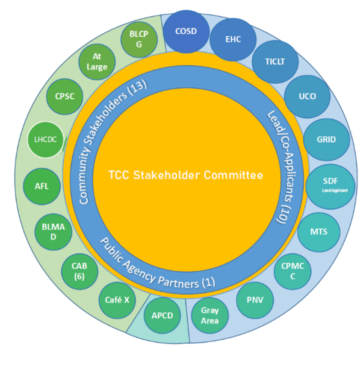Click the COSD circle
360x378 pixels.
pyautogui.click(x=186, y=32)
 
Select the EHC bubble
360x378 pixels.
pyautogui.click(x=233, y=39)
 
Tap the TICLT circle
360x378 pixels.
pyautogui.click(x=275, y=62)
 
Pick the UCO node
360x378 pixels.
pyautogui.click(x=307, y=96)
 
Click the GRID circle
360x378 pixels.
pyautogui.click(x=326, y=139)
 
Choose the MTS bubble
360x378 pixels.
pyautogui.click(x=319, y=232)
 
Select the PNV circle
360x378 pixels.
pyautogui.click(x=255, y=300)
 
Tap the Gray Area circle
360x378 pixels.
pyautogui.click(x=210, y=316)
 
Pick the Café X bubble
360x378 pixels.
pyautogui.click(x=117, y=300)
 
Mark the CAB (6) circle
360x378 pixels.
pyautogui.click(x=80, y=271)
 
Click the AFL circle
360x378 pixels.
pyautogui.click(x=42, y=186)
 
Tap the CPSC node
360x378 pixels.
pyautogui.click(x=65, y=96)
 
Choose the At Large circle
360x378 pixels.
pyautogui.click(x=97, y=62)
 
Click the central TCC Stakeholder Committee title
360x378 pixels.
pyautogui.click(x=186, y=175)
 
